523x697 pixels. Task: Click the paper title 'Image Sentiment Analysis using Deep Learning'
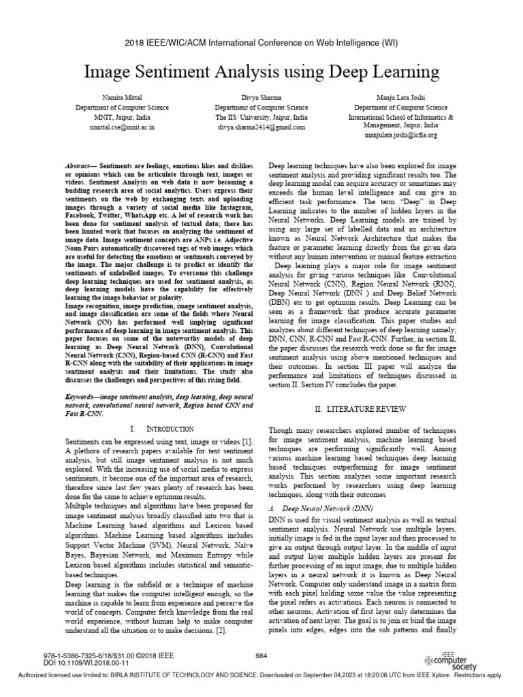(x=261, y=72)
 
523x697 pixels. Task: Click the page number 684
(x=261, y=655)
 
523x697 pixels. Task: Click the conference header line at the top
(x=261, y=42)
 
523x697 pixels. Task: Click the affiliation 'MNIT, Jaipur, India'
(x=114, y=117)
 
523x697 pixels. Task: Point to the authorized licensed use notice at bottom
(x=261, y=675)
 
